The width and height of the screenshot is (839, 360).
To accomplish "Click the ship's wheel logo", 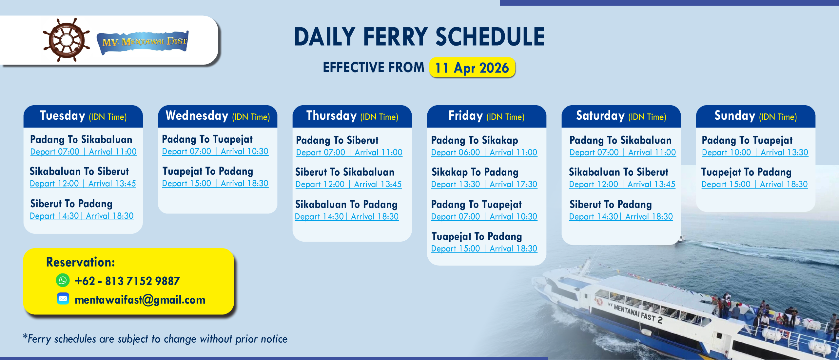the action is point(67,40).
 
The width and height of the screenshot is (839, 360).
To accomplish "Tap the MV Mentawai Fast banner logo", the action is point(143,42).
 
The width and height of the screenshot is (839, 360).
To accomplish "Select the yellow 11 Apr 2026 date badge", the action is point(472,68).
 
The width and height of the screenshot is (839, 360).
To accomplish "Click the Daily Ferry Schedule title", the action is point(419,37).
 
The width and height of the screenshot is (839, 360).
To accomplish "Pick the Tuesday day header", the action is point(83,116).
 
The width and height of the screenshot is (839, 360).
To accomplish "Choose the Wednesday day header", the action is point(218,116).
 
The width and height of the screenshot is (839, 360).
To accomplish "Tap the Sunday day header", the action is point(755,116).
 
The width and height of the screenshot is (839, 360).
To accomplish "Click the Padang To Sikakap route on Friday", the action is point(475,140).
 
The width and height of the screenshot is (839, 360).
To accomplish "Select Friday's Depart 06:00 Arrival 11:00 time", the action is point(484,152).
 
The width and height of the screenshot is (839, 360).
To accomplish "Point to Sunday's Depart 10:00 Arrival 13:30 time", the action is point(755,152).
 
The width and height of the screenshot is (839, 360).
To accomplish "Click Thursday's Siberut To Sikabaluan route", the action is point(345,172).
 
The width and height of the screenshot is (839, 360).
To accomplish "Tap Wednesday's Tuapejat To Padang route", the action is point(208,171).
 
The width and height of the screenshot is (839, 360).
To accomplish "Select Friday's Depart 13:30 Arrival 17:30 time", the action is point(484,184).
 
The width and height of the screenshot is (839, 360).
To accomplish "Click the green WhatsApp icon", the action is point(63,280).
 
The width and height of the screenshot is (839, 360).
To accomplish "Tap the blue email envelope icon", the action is point(63,299).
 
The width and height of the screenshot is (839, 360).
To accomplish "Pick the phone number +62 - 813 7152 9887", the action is point(127,281).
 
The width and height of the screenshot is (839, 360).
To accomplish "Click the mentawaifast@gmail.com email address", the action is point(140,300).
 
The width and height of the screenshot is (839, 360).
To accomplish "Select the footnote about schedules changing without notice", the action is point(155,339).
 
